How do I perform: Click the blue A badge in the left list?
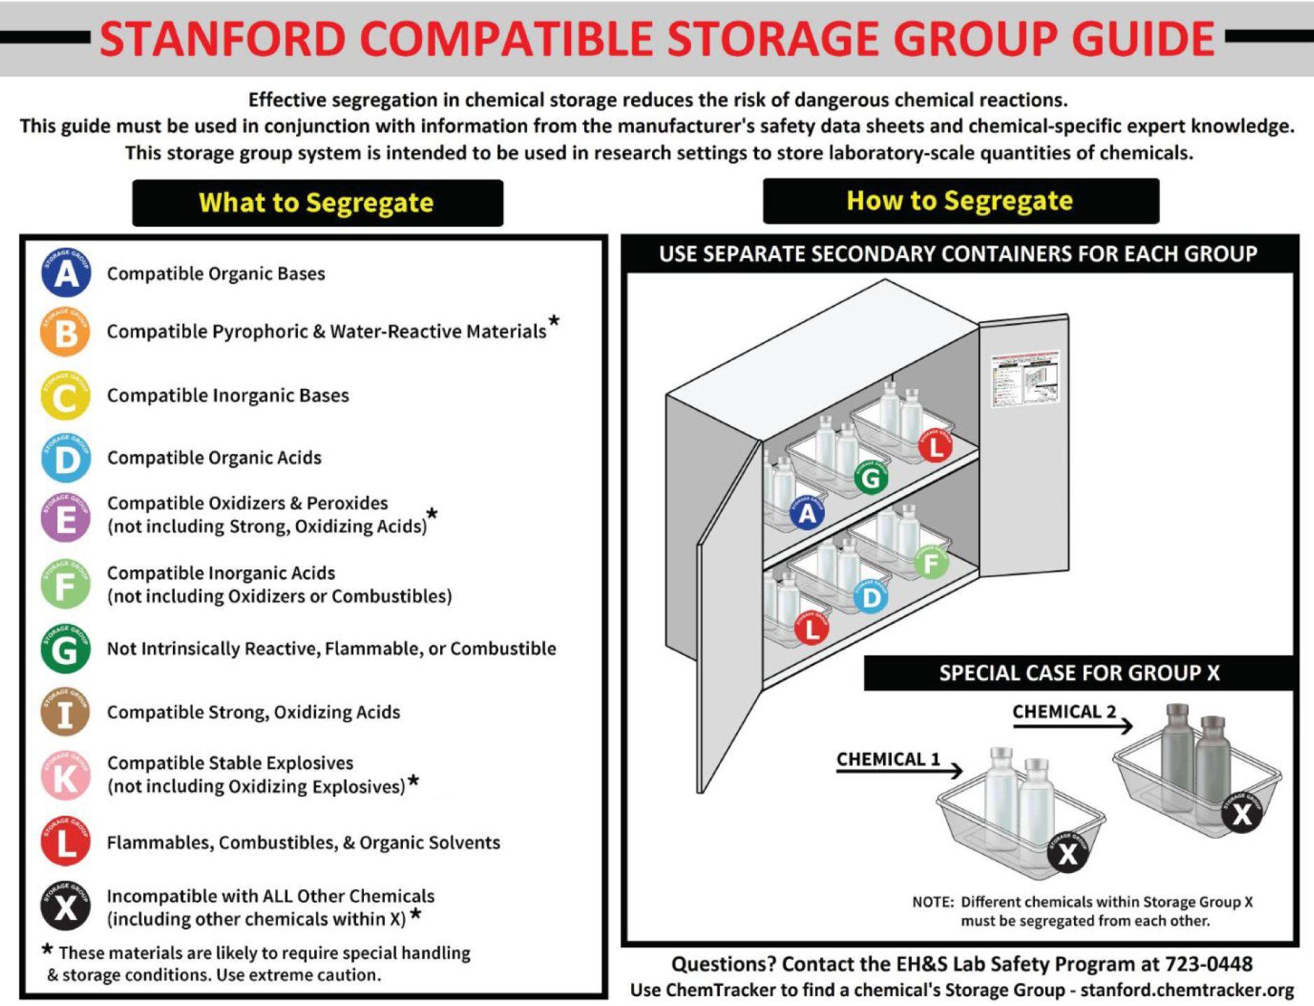[65, 273]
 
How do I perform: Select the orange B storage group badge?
[65, 332]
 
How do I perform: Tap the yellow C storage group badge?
[65, 396]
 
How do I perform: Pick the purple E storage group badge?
[65, 517]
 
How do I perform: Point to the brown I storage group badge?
[65, 712]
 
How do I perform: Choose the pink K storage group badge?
[65, 775]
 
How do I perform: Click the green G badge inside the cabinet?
[870, 478]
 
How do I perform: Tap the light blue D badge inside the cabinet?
[871, 597]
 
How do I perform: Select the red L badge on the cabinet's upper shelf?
[935, 446]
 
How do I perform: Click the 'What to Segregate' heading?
[317, 203]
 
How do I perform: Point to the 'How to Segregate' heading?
[960, 201]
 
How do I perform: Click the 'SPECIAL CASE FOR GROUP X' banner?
[1079, 673]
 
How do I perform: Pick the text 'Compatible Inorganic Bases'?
[227, 395]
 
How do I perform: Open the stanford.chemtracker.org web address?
[1187, 990]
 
